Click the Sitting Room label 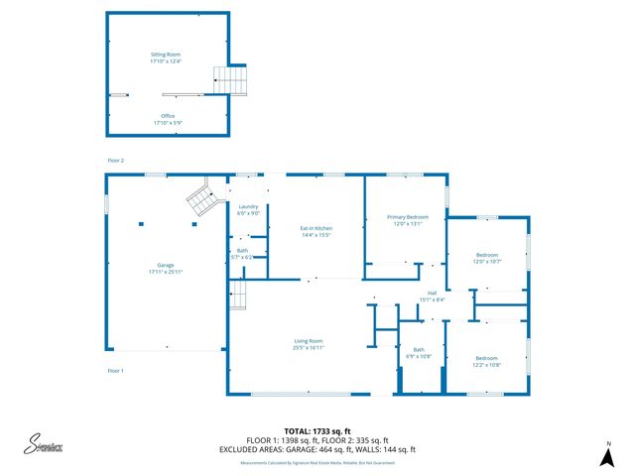(167, 58)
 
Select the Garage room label (166, 268)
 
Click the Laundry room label (248, 209)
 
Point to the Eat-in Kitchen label (317, 231)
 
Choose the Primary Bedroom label (407, 219)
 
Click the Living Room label (308, 344)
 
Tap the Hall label (432, 296)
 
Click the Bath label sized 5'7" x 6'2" (242, 253)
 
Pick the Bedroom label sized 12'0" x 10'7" (486, 258)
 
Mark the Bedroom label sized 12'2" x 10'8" (486, 361)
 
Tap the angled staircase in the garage (202, 200)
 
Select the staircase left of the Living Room (237, 294)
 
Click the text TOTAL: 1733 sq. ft (317, 432)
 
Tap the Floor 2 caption (116, 160)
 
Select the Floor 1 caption (116, 370)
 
